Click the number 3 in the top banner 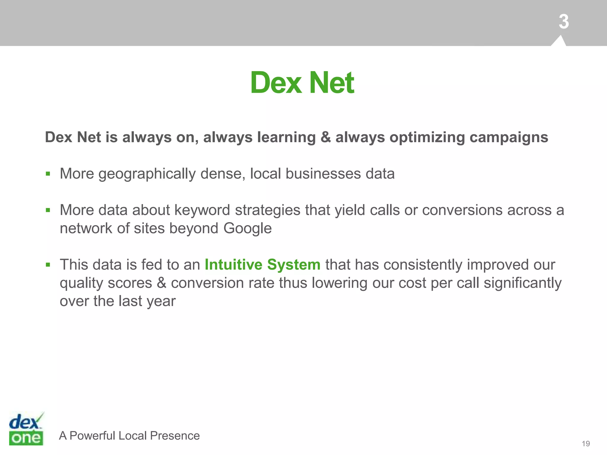[564, 22]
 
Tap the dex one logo [26, 429]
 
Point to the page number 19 [586, 443]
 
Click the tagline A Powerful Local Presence [129, 435]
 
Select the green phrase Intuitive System [263, 265]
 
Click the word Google [247, 228]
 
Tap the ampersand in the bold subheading [325, 137]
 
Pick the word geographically [147, 174]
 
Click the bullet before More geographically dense [48, 174]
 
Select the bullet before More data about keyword [48, 210]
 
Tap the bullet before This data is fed [48, 265]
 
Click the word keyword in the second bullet [202, 210]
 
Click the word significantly [523, 283]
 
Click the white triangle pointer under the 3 [559, 41]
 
